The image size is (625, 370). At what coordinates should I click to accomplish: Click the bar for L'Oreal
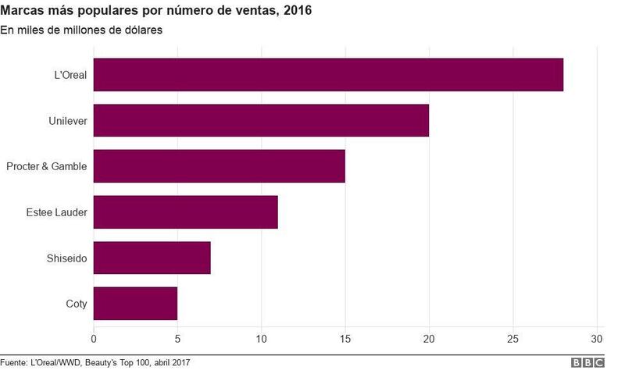328,75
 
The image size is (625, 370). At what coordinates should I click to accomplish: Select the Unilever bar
261,120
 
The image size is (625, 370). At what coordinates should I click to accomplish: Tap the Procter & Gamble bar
219,166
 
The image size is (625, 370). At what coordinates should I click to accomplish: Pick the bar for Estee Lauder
185,212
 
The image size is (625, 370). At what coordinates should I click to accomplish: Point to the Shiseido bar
152,258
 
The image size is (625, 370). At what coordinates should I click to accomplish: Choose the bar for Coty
135,304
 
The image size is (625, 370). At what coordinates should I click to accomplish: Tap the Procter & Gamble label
46,166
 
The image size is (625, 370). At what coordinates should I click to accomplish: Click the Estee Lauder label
56,212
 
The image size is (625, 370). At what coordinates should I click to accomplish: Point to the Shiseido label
66,258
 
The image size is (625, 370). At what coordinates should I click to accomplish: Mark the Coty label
76,304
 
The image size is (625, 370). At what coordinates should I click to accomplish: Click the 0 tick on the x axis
94,340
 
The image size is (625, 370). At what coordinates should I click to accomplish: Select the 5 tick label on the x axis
177,340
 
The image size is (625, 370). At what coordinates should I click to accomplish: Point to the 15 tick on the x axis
345,340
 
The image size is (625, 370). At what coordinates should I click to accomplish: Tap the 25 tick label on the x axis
513,340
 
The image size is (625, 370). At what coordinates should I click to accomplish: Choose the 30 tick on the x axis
597,340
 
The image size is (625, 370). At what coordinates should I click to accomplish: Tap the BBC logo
587,363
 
